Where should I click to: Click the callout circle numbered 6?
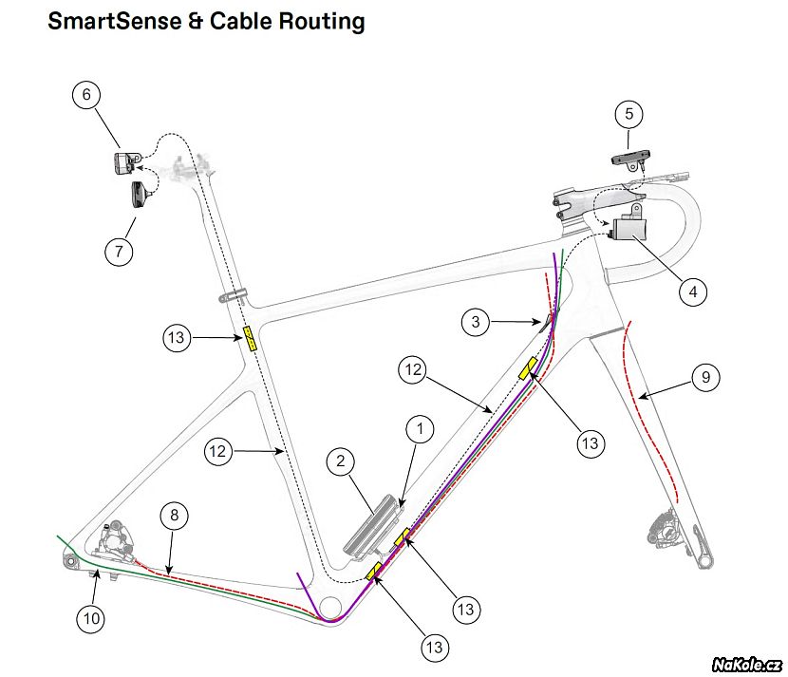(x=87, y=96)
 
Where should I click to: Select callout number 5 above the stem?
(x=628, y=114)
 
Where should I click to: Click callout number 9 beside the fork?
(x=704, y=378)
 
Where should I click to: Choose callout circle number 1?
(x=419, y=429)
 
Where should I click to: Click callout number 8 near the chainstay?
(x=174, y=517)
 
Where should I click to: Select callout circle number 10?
(x=91, y=618)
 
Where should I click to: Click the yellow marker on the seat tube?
(x=250, y=338)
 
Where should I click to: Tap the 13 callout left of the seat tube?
(x=178, y=336)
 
